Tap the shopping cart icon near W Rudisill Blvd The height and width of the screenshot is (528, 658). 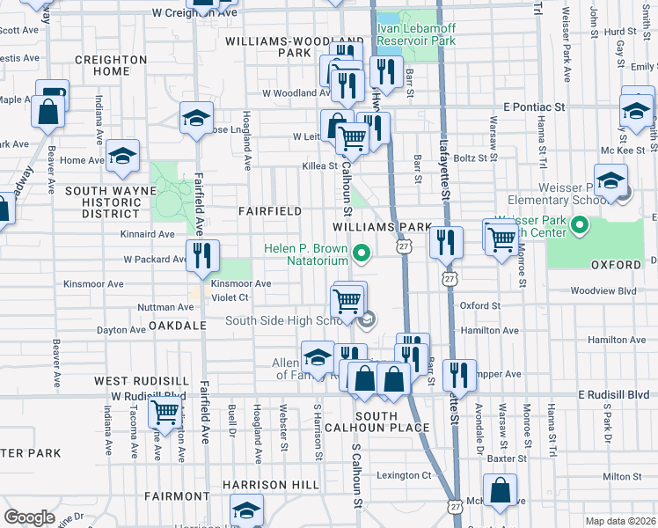click(x=164, y=411)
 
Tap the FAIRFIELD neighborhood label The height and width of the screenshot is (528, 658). click(x=270, y=211)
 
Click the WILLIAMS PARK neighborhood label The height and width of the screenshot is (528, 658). click(x=384, y=226)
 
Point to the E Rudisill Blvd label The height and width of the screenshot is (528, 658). click(x=613, y=395)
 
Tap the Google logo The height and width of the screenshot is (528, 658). click(x=29, y=517)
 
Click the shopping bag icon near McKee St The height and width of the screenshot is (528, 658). click(x=501, y=492)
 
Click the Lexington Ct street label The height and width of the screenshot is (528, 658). click(x=405, y=475)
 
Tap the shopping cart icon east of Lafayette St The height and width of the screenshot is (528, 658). click(x=501, y=237)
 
